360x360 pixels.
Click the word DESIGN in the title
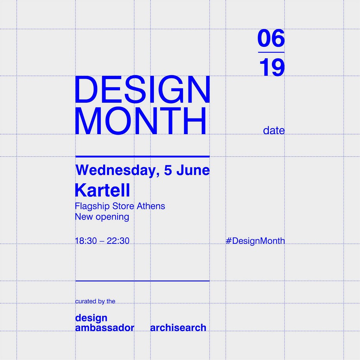(x=142, y=89)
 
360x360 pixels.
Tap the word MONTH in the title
(x=140, y=120)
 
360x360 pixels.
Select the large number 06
(x=271, y=38)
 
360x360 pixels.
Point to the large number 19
(x=272, y=67)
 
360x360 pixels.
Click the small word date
(x=274, y=130)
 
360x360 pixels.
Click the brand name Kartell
(x=102, y=190)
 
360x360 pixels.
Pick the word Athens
(x=151, y=206)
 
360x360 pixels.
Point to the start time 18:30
(x=86, y=241)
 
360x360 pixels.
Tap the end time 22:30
(x=118, y=241)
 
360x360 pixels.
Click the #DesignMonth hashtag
(x=255, y=241)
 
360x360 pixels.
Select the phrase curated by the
(x=95, y=301)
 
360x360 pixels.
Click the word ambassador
(x=105, y=328)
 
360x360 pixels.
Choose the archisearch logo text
(x=178, y=328)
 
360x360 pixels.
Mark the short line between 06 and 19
(x=271, y=52)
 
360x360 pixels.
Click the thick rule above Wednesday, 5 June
(x=142, y=157)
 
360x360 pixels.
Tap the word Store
(x=123, y=206)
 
